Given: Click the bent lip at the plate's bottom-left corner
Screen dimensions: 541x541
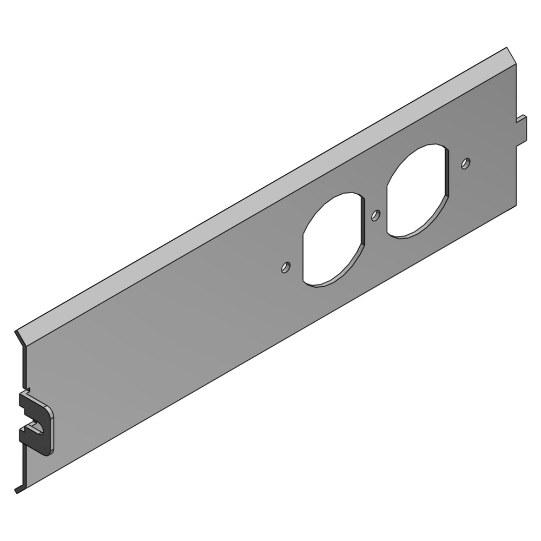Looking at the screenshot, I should pos(20,490).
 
